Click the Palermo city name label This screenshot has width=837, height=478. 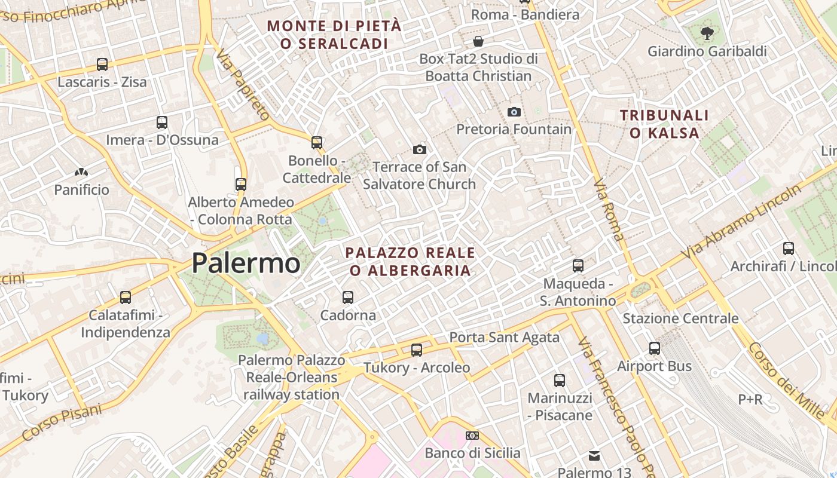(246, 263)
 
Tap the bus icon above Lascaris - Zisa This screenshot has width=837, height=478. (102, 65)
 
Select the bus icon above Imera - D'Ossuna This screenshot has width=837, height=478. (162, 122)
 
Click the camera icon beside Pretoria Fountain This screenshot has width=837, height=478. (514, 112)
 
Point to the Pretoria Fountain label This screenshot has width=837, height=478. (514, 129)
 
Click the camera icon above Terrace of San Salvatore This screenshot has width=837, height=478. (420, 149)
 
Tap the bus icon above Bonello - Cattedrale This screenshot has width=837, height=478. (317, 143)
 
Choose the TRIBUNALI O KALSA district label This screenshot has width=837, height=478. (664, 124)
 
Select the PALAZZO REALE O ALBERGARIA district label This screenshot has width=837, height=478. (410, 262)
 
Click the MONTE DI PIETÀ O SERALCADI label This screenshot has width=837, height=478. (334, 35)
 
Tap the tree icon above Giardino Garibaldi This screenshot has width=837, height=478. (707, 33)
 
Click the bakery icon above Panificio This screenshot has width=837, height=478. (81, 173)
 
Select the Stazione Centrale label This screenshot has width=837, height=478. (680, 318)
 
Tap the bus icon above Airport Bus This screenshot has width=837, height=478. (655, 348)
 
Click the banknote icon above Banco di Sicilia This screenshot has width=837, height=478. (472, 436)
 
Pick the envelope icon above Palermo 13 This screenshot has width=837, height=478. (594, 456)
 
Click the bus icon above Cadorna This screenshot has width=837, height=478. (347, 297)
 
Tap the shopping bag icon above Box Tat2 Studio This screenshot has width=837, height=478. (478, 41)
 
